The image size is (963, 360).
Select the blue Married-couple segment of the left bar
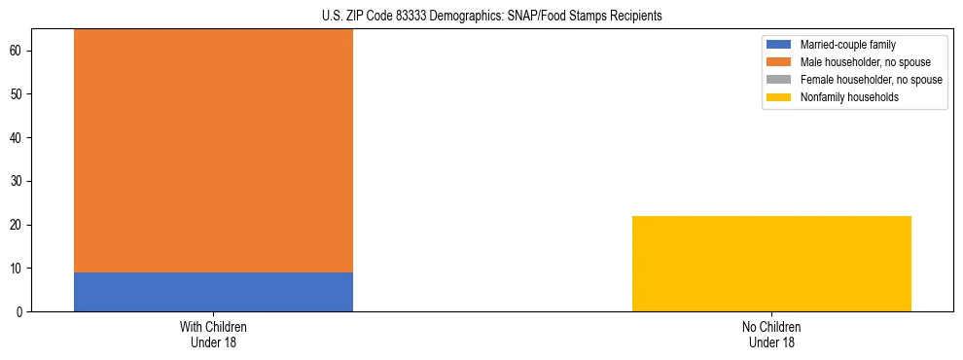click(213, 292)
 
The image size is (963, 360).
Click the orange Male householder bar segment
click(213, 151)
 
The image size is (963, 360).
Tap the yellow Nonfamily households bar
click(771, 264)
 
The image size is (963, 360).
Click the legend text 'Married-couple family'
click(847, 45)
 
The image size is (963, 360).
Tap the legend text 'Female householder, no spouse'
click(871, 80)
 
